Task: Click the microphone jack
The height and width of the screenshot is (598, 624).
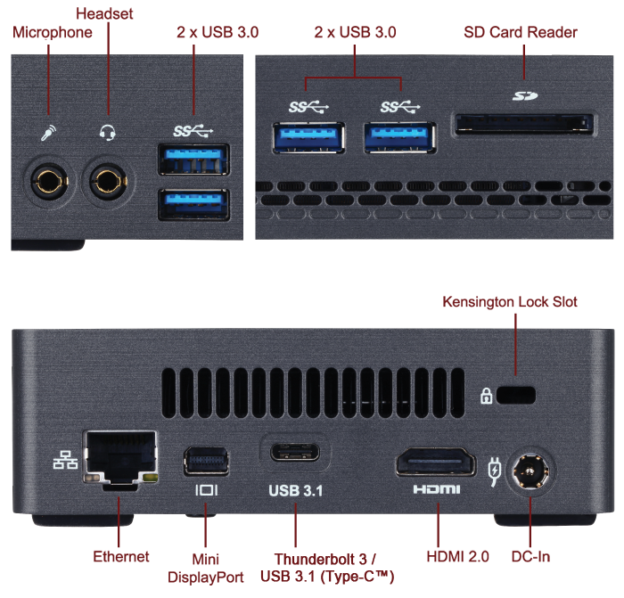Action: click(48, 181)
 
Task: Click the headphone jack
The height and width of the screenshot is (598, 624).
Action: click(109, 181)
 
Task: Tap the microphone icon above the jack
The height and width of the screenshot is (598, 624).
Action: click(48, 134)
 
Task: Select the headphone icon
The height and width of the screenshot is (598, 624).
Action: click(108, 134)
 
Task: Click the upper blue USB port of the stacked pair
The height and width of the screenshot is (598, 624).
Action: click(193, 160)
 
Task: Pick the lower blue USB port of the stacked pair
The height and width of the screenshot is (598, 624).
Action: click(193, 204)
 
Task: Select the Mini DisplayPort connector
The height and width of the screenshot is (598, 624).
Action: click(206, 461)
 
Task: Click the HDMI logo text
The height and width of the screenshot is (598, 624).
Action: click(437, 490)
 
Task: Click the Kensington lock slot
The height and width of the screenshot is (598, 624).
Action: click(517, 393)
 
